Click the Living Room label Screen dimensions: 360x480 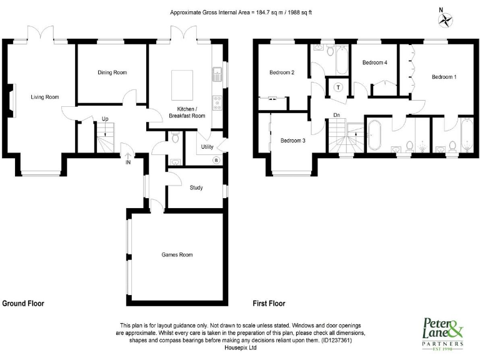pos(45,97)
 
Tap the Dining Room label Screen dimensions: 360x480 pos(112,72)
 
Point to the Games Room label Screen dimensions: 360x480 pos(177,254)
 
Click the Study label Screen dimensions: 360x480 pos(196,187)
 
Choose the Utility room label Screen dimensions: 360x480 pos(207,147)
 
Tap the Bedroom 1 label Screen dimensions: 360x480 pos(444,77)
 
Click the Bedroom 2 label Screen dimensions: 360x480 pos(281,72)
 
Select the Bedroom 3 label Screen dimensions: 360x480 pos(292,141)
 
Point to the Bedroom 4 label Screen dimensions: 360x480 pos(375,62)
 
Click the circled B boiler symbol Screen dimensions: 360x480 pos(216,159)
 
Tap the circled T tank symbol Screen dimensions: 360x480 pos(338,87)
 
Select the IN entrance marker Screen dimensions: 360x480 pos(128,162)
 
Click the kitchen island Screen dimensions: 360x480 pos(181,82)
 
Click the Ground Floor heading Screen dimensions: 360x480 pos(23,303)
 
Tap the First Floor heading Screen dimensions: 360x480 pos(269,303)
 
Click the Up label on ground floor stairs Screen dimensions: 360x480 pos(105,119)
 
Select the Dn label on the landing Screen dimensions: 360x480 pos(336,115)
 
